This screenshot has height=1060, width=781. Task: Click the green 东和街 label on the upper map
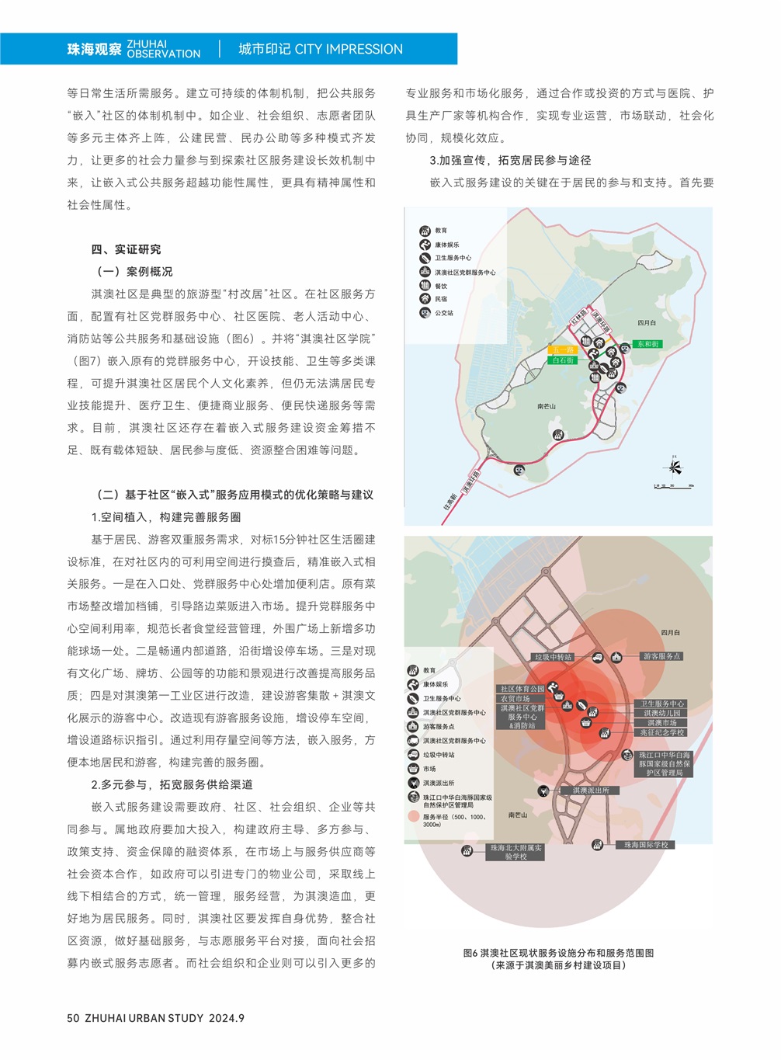(x=647, y=344)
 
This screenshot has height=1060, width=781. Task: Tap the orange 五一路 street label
(x=563, y=350)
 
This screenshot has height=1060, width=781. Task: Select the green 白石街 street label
(x=563, y=360)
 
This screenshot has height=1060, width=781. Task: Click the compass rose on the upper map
(x=674, y=467)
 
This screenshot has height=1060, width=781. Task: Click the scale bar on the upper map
(x=673, y=486)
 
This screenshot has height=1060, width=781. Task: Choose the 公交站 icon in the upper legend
(x=425, y=313)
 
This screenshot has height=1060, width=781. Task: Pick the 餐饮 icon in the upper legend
(x=425, y=286)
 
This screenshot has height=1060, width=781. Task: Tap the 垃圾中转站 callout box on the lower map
(x=553, y=657)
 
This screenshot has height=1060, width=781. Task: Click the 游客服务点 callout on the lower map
(x=661, y=657)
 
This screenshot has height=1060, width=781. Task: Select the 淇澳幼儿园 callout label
(x=661, y=713)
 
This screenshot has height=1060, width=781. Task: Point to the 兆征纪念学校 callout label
(x=661, y=732)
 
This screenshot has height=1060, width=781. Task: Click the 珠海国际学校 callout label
(x=646, y=845)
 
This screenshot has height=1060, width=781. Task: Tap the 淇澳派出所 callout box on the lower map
(x=591, y=791)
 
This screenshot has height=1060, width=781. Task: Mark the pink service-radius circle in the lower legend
(x=413, y=816)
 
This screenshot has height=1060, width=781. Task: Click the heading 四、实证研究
(x=126, y=249)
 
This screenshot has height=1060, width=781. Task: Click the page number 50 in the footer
(x=73, y=1018)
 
